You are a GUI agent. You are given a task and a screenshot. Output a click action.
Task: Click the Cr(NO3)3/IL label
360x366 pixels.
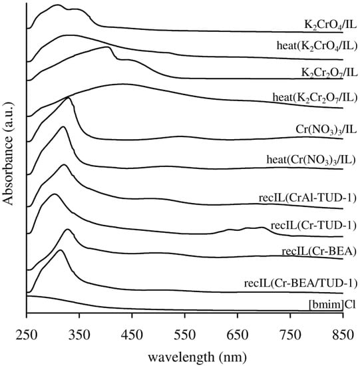(x=319, y=126)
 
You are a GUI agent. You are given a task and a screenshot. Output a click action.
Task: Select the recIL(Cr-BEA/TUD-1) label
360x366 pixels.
(x=300, y=284)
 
